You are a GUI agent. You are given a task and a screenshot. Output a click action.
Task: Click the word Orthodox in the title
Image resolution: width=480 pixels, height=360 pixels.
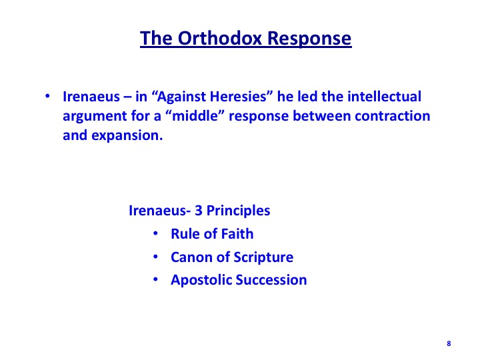tap(219, 38)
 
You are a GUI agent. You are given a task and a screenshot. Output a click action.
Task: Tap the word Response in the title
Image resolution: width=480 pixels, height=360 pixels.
tap(309, 39)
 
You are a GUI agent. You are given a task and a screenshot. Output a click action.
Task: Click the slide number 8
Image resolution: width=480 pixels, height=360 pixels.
tap(449, 343)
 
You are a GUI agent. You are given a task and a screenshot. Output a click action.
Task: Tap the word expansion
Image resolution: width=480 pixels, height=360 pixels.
tap(127, 135)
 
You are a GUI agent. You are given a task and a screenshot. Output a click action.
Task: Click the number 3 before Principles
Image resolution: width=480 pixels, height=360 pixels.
tap(199, 211)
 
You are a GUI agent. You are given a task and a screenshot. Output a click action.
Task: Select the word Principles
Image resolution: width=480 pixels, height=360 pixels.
tap(238, 211)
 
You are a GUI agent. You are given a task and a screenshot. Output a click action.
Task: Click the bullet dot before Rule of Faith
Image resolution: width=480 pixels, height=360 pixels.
tap(155, 233)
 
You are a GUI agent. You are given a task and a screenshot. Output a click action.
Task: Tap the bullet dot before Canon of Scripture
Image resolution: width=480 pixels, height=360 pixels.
tap(155, 257)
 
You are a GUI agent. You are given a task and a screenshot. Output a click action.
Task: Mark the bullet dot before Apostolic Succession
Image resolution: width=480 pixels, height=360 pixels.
tap(155, 279)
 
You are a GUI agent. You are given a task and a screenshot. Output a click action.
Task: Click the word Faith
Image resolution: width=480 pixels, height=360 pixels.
tap(237, 234)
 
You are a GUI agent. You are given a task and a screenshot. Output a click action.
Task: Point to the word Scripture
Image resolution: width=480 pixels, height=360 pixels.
tap(263, 257)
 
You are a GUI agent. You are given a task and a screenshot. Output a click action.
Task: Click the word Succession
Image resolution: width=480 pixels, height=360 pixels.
tap(271, 280)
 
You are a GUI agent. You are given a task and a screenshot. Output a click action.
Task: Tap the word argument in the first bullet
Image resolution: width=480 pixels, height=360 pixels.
tap(95, 117)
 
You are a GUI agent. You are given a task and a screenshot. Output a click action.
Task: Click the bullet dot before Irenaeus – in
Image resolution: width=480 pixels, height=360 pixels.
tap(47, 96)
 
